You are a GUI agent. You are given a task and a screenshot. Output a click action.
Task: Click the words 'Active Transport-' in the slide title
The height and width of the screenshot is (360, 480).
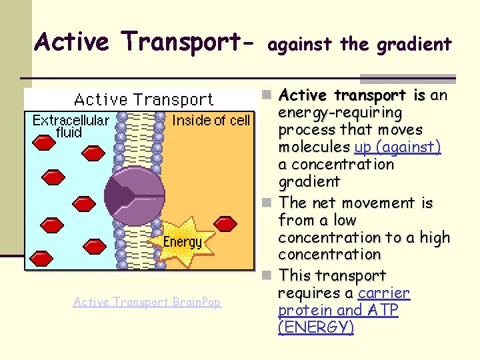tap(145, 42)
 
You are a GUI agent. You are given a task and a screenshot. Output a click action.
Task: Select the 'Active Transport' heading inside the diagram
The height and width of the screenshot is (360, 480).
tap(143, 100)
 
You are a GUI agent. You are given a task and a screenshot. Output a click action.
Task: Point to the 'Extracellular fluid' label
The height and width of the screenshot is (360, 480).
tap(71, 126)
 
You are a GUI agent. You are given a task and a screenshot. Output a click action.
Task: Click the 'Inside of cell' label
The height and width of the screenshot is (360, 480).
tap(211, 120)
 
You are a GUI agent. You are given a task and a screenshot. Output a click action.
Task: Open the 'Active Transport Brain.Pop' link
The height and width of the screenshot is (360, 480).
tap(147, 302)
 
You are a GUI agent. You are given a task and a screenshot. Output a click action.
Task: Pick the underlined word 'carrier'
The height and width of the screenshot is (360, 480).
tap(384, 293)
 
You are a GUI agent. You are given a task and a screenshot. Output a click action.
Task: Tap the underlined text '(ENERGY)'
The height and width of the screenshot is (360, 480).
tap(316, 328)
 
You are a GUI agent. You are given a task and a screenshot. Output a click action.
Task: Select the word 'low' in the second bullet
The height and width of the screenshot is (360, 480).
tap(342, 220)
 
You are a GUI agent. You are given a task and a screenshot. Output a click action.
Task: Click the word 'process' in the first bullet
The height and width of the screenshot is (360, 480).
tap(307, 129)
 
